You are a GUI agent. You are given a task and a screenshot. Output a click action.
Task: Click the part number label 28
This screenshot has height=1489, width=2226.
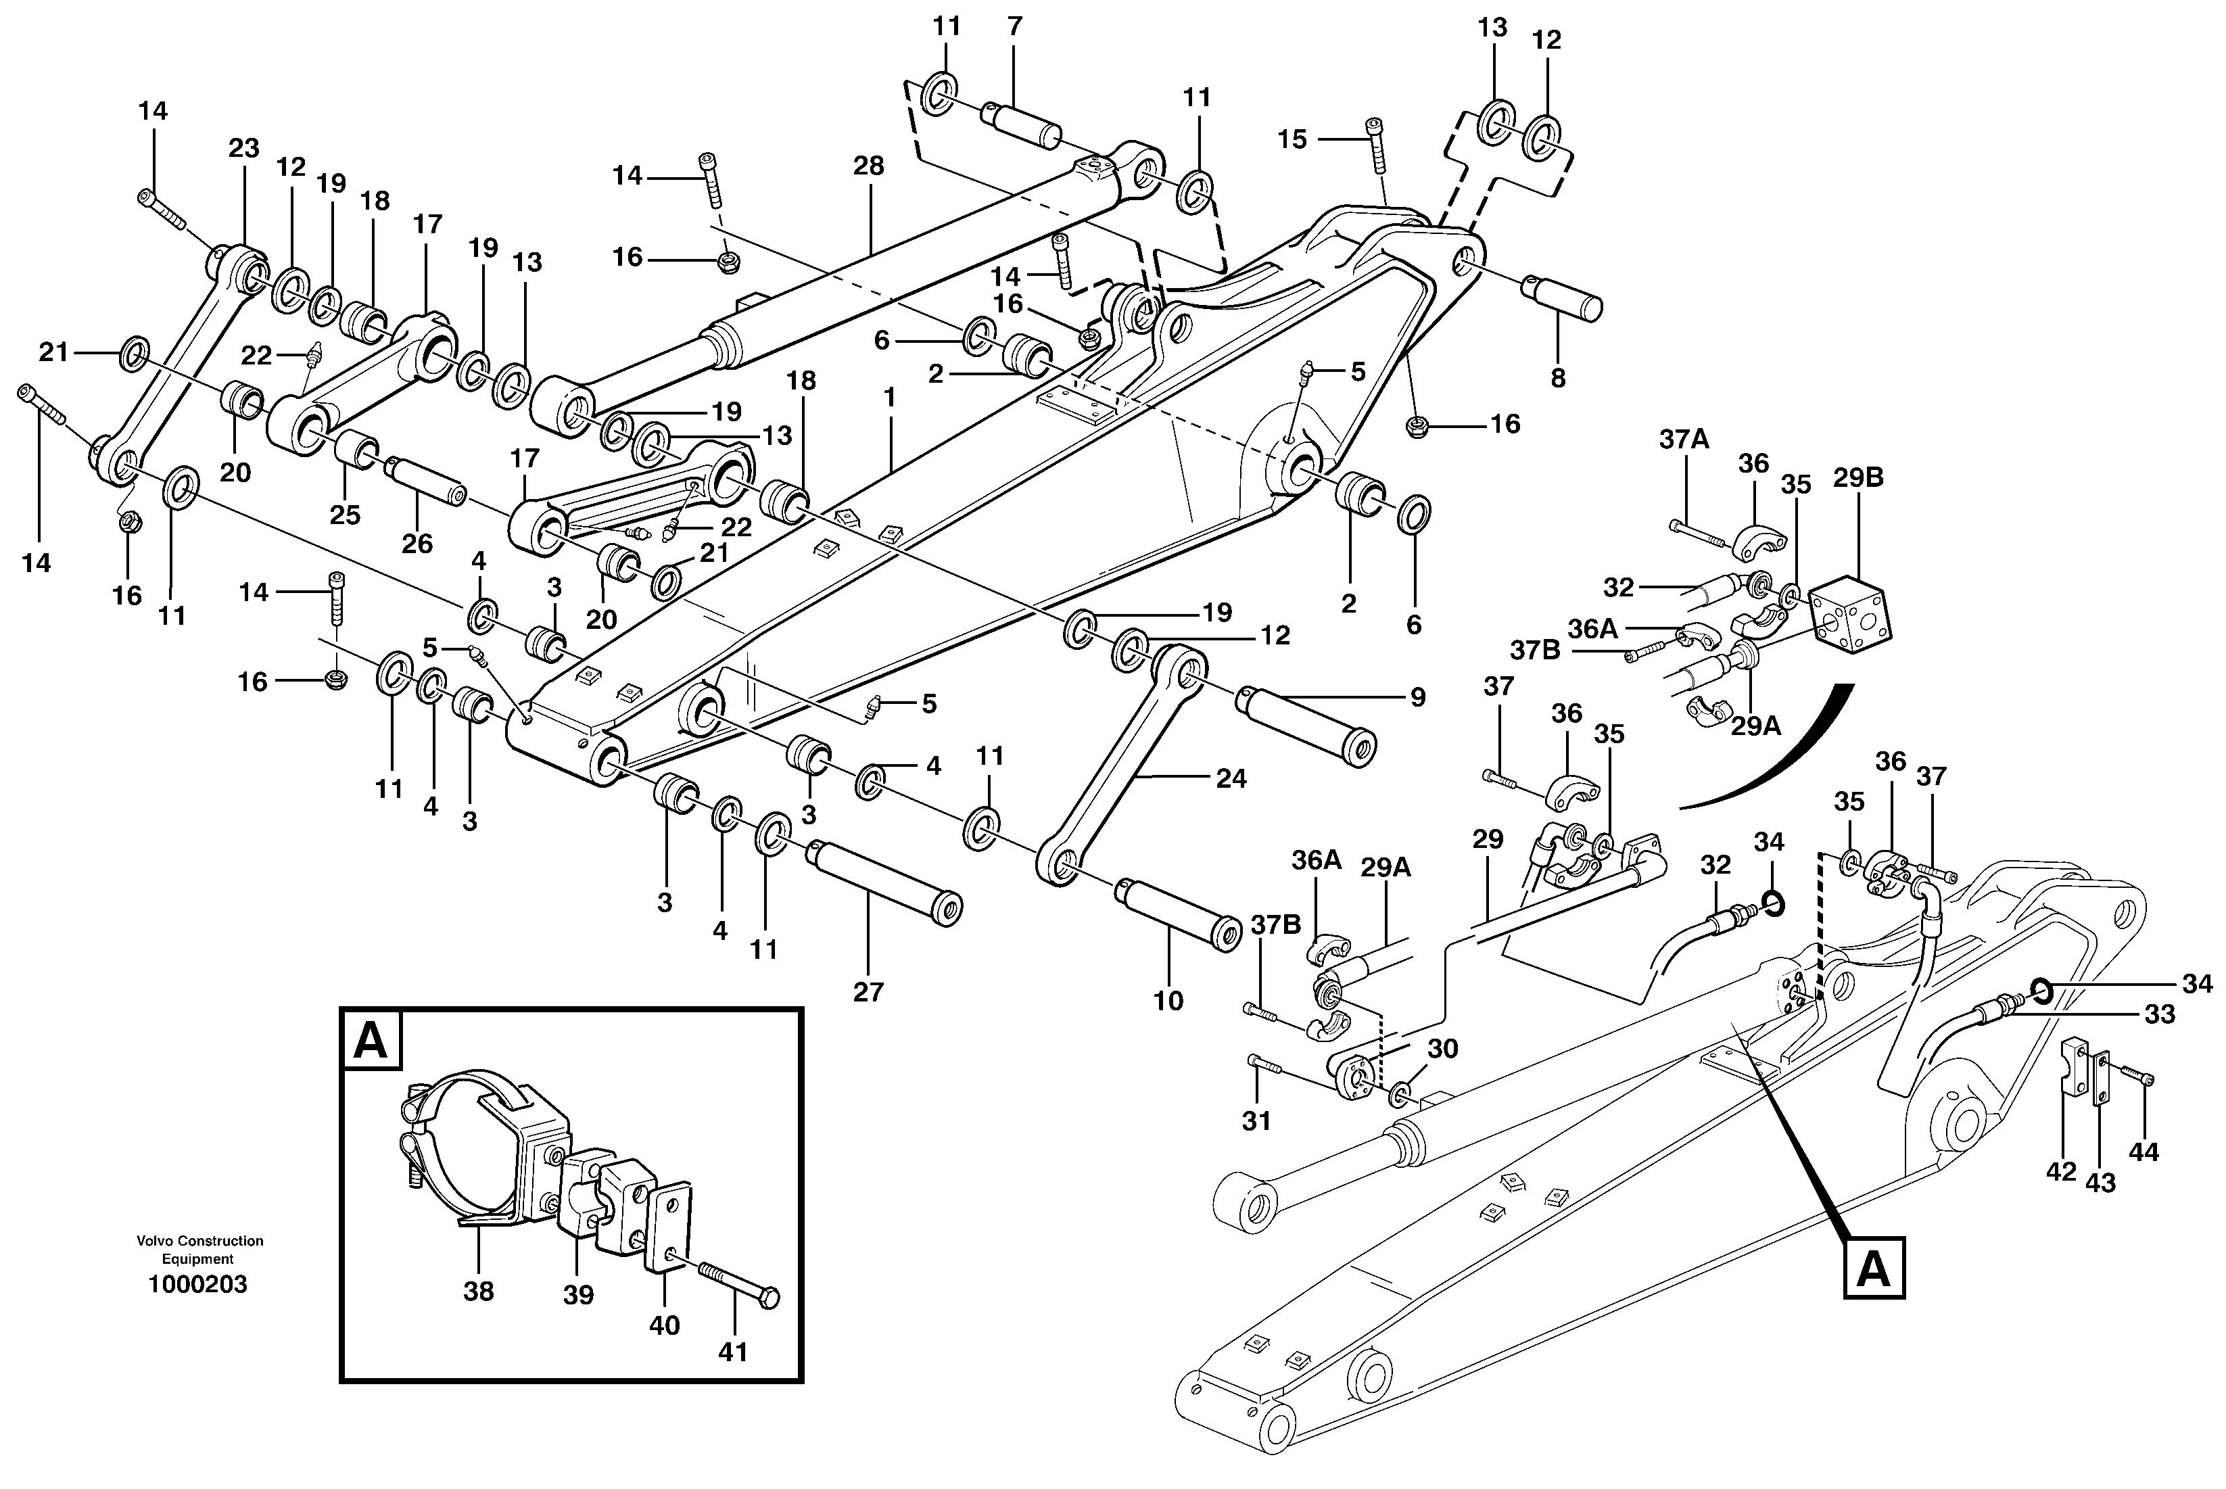(x=868, y=166)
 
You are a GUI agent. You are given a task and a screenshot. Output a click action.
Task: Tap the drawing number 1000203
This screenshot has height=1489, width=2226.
(x=197, y=1285)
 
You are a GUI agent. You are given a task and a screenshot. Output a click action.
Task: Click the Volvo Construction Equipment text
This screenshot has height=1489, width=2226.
(x=199, y=1250)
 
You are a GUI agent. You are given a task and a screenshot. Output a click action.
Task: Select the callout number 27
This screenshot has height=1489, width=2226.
(x=868, y=993)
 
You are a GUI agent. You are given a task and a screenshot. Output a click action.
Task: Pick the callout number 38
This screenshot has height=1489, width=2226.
(x=479, y=1292)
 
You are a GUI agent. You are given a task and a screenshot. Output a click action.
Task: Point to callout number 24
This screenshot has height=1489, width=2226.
(x=1231, y=779)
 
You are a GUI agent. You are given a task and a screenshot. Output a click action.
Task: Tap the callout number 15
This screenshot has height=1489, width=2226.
(x=1292, y=139)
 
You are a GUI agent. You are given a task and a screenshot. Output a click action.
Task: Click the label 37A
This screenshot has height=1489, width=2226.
(x=1684, y=439)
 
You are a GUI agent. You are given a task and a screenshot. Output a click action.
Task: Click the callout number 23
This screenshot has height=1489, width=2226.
(x=243, y=148)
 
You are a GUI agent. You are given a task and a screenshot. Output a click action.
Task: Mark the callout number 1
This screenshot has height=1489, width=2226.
(x=889, y=398)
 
